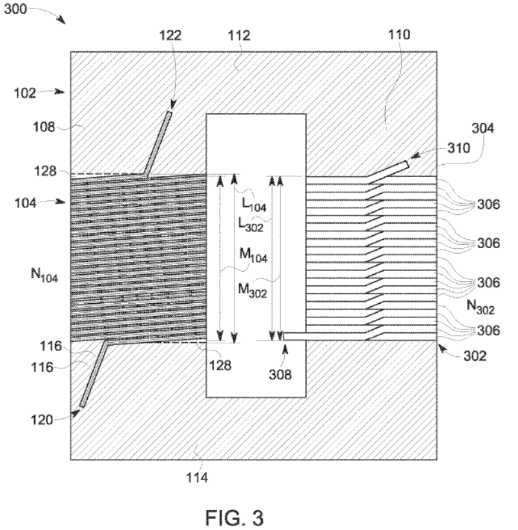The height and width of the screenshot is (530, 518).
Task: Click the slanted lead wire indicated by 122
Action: point(158,143)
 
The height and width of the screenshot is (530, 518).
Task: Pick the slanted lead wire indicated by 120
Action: point(93,375)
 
